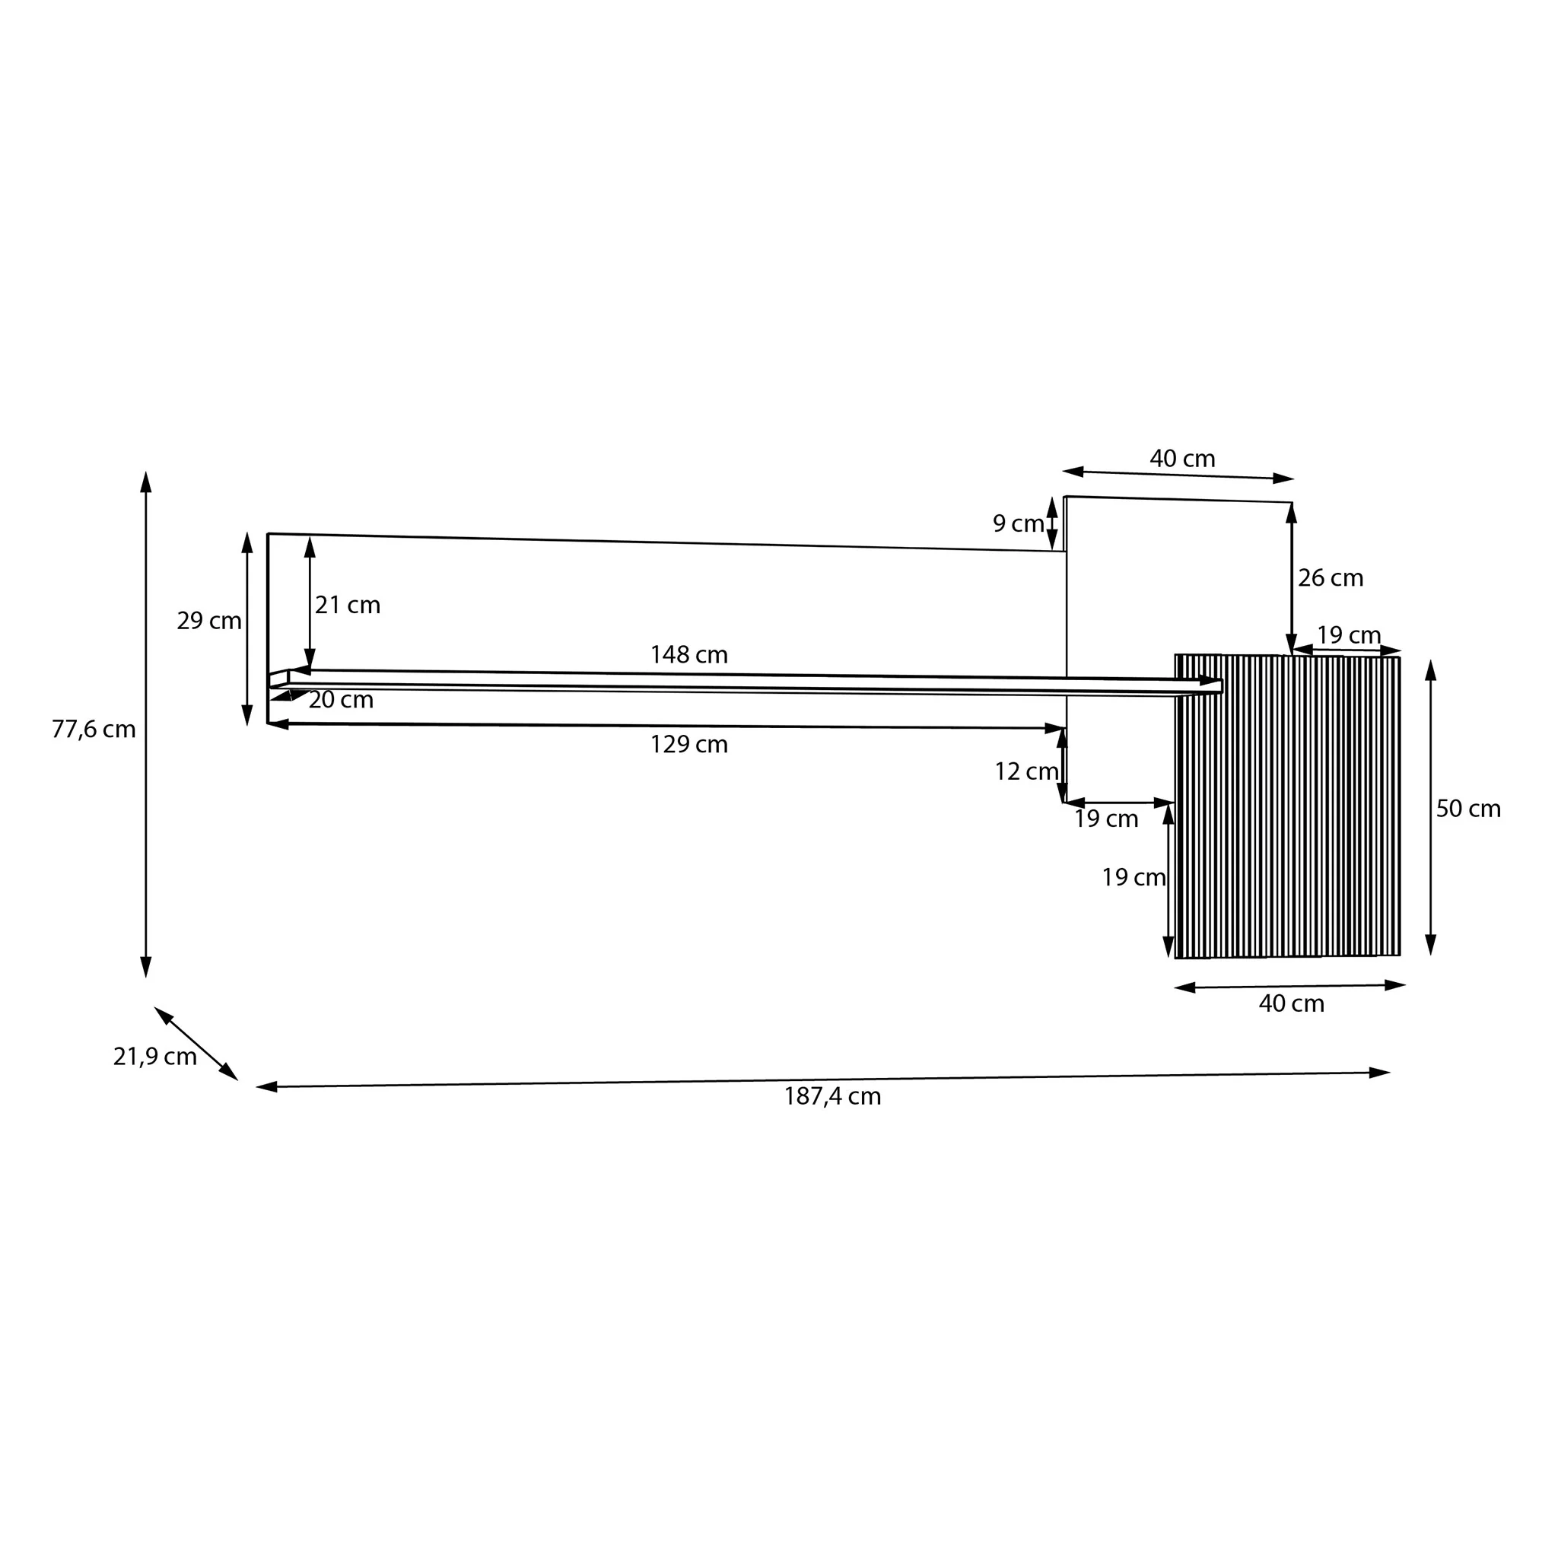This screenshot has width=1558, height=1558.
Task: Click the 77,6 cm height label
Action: click(x=94, y=730)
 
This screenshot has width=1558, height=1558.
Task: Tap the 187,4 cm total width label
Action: click(x=832, y=1097)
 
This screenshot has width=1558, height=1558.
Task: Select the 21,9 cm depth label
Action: click(x=155, y=1057)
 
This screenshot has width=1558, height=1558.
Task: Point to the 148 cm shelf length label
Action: click(x=688, y=655)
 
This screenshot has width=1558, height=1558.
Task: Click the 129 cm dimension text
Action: click(x=688, y=744)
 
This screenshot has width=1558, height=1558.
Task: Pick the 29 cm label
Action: click(x=209, y=621)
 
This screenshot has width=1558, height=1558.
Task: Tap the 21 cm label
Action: click(x=348, y=605)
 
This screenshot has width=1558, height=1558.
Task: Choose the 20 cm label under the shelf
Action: click(x=341, y=700)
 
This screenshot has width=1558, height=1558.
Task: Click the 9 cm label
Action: click(x=1019, y=523)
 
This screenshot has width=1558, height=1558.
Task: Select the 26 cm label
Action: click(x=1331, y=577)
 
